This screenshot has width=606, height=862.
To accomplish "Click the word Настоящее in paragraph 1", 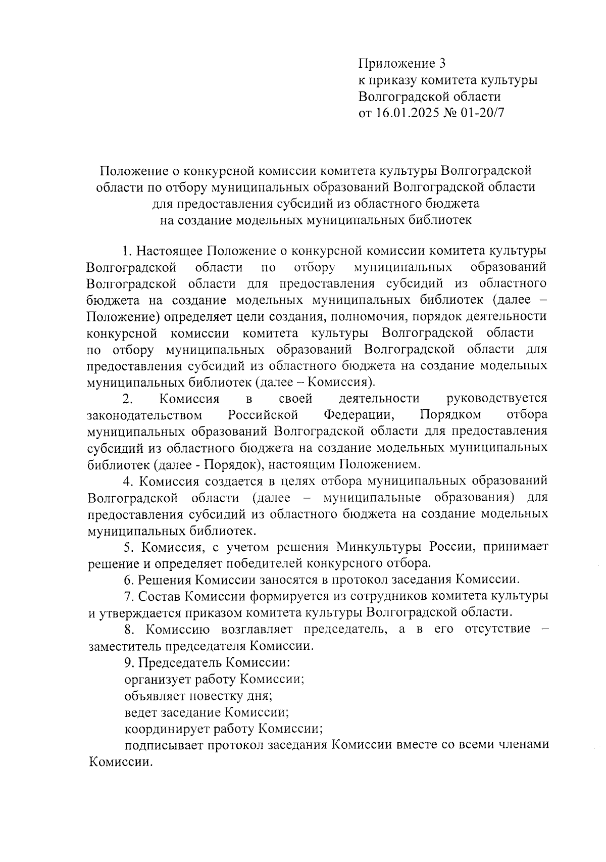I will click(x=170, y=251).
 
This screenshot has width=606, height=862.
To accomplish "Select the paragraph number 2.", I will click(x=128, y=399).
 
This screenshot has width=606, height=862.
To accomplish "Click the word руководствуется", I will click(x=497, y=399).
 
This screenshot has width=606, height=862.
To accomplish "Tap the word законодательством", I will click(x=145, y=415).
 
